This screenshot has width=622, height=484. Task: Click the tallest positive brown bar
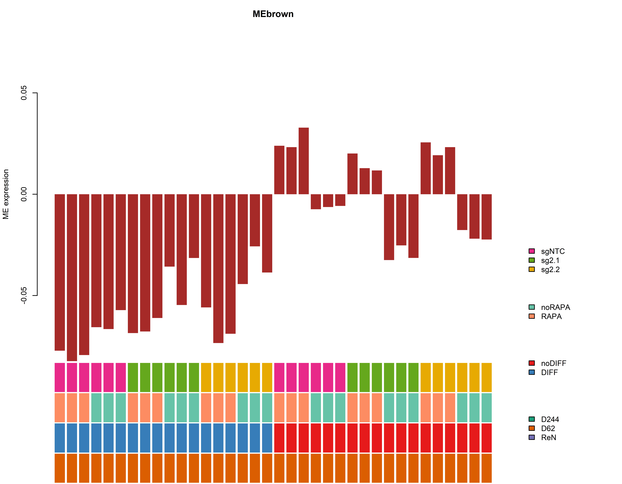point(304,161)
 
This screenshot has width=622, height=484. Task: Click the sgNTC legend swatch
point(531,251)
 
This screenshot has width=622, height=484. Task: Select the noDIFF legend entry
point(553,363)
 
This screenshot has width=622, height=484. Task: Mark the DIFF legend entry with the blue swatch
point(549,372)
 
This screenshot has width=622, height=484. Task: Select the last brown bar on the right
point(486,217)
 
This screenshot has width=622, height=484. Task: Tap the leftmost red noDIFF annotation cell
point(279,438)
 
